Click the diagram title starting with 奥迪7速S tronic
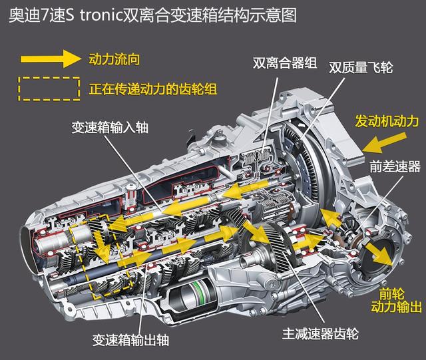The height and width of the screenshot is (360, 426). tap(152, 15)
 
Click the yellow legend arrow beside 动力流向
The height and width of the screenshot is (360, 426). tap(51, 59)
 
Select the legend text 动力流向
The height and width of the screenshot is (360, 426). tap(114, 59)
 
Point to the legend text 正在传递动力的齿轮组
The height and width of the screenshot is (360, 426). tap(153, 89)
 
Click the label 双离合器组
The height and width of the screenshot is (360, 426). tap(285, 63)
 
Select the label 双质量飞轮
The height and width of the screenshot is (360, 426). tap(361, 67)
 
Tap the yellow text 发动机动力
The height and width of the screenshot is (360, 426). tap(387, 120)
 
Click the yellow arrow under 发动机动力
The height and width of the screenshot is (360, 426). tap(385, 143)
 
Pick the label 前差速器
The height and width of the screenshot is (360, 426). tap(395, 166)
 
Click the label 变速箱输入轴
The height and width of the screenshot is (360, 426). tap(110, 127)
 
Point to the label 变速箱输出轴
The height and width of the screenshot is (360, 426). tap(130, 339)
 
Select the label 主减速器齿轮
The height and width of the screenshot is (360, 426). tap(321, 333)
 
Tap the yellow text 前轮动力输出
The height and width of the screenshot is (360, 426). tap(397, 301)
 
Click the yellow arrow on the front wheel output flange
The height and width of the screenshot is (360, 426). tap(378, 254)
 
